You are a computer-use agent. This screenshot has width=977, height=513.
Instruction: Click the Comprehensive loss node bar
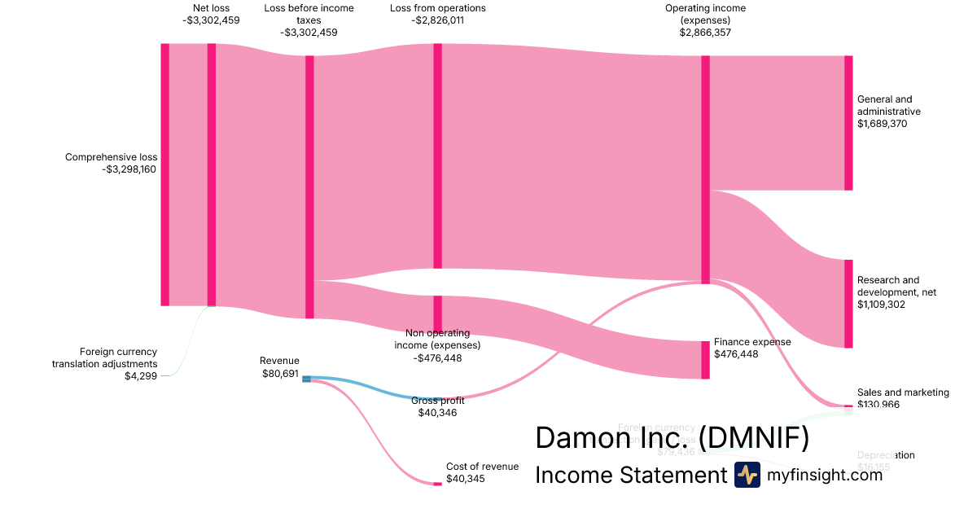[x=165, y=174]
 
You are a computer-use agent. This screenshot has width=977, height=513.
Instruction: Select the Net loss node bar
[x=212, y=174]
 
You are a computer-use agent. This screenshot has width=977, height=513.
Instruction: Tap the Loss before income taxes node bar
[x=309, y=186]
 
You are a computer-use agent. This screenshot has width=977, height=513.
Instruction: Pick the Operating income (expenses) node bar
[x=705, y=169]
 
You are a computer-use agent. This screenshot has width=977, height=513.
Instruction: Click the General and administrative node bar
[x=848, y=123]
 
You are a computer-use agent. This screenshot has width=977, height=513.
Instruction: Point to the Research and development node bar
[x=848, y=304]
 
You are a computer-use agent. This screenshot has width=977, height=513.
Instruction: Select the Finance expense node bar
[x=705, y=360]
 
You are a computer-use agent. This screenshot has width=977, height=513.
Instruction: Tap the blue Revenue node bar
[x=306, y=379]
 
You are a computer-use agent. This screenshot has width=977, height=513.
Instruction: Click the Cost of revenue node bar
[x=437, y=484]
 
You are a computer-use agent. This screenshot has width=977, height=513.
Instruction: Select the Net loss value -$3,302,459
[x=211, y=21]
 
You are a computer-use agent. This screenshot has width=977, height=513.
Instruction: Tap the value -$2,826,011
[x=437, y=21]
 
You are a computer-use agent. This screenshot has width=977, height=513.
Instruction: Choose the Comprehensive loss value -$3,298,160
[x=129, y=169]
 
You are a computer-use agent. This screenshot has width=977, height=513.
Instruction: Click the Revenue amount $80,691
[x=279, y=374]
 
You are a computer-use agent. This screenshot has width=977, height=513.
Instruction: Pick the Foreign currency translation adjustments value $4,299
[x=141, y=375]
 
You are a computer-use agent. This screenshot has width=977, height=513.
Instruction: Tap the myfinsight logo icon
[x=747, y=475]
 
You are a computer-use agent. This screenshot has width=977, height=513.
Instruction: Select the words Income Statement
[x=630, y=476]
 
